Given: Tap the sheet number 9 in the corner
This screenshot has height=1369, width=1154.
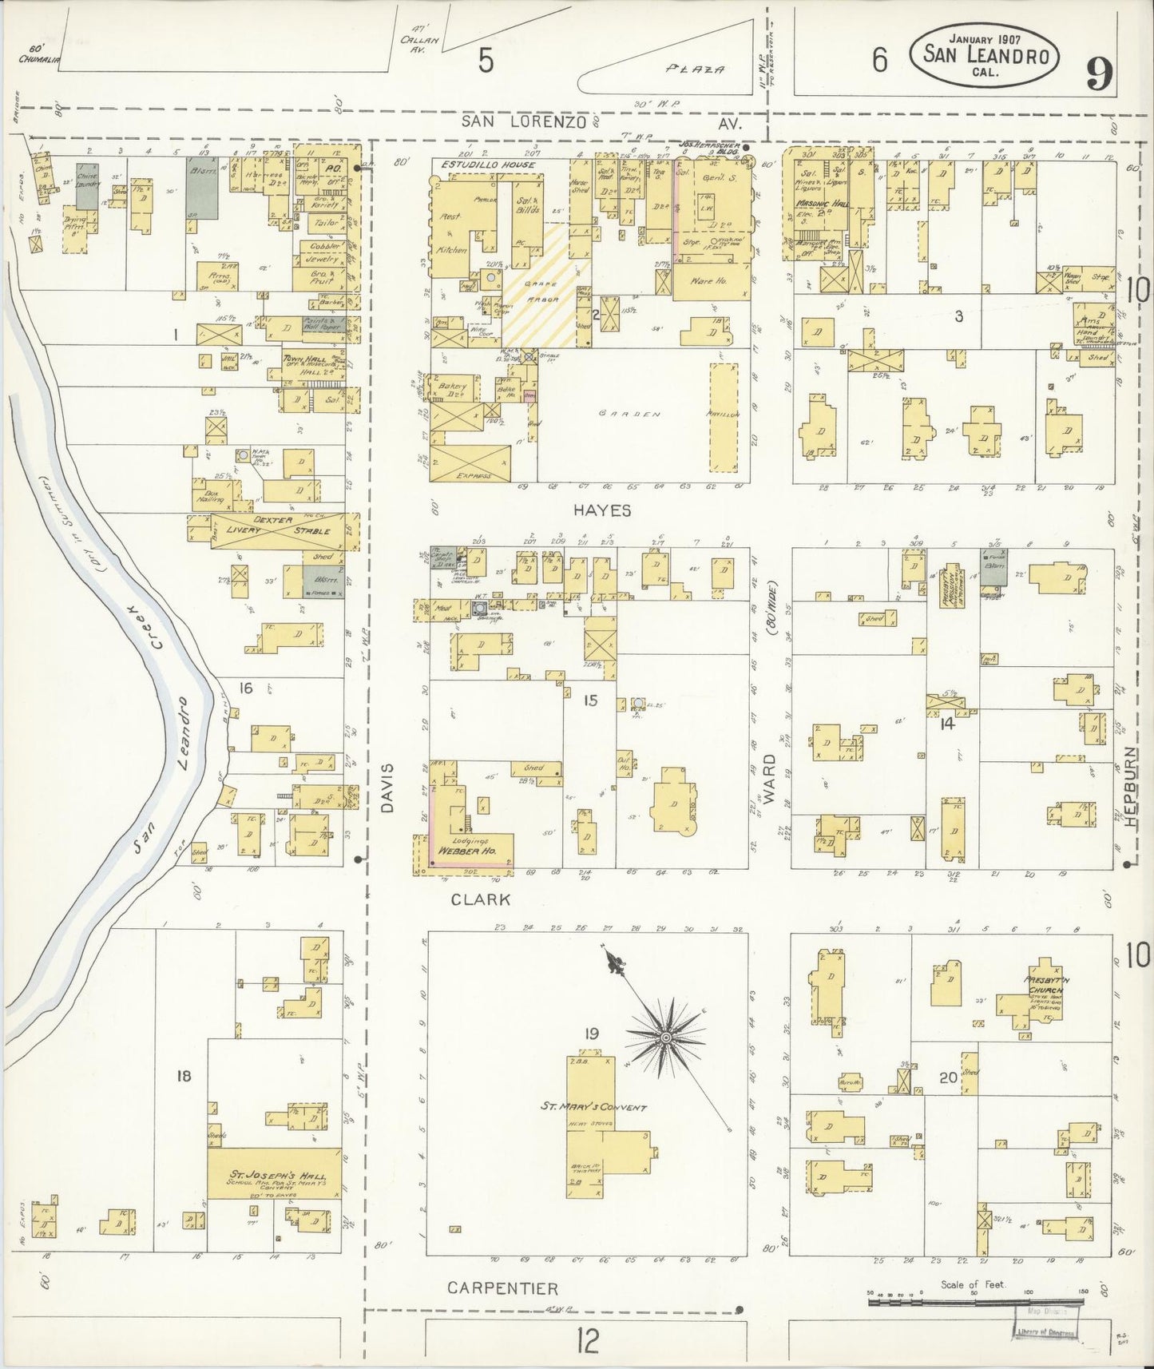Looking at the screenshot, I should tap(1100, 77).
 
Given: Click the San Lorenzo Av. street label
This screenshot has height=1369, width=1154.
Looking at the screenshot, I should tap(603, 122).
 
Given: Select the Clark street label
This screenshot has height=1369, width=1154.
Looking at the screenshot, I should tap(480, 899).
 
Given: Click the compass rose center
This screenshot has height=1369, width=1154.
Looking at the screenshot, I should tap(664, 1038).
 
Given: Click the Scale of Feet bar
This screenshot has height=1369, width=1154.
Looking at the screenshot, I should tap(974, 1302).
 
